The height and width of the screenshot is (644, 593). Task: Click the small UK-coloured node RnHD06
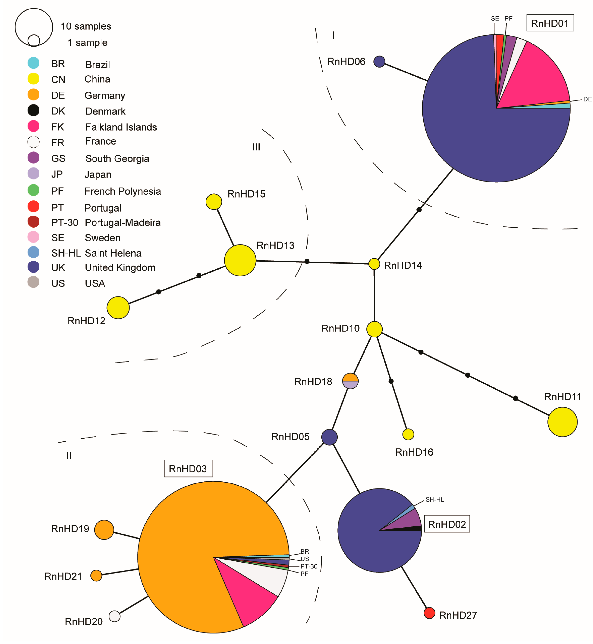click(x=379, y=62)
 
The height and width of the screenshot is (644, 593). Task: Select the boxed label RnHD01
click(x=550, y=23)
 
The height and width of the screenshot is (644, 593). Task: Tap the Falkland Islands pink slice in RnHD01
click(x=539, y=77)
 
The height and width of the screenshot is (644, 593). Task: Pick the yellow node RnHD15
click(x=214, y=202)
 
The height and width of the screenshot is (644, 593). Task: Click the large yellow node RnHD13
click(x=240, y=260)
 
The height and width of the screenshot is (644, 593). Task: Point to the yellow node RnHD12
click(x=118, y=307)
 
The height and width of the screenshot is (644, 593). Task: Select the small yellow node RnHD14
click(x=374, y=264)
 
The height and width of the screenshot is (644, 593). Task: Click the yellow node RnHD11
click(x=562, y=422)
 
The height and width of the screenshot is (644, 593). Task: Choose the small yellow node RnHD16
click(x=408, y=434)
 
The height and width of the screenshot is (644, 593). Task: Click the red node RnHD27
click(x=429, y=613)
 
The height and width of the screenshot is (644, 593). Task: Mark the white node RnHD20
click(x=115, y=616)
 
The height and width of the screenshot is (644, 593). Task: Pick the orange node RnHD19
click(x=104, y=530)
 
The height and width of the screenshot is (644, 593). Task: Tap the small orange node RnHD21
click(x=96, y=575)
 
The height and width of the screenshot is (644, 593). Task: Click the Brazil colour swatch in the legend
click(x=33, y=63)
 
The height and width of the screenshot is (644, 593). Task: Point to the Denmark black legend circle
click(x=33, y=110)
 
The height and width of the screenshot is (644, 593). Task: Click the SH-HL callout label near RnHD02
click(x=435, y=499)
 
